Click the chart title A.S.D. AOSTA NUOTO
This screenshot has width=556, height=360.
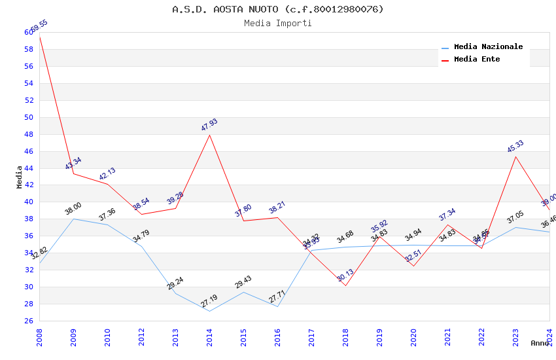point(277,9)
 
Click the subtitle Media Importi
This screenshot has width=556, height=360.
point(277,24)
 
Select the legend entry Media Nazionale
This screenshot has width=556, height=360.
point(488,47)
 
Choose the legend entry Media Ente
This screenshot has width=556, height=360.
point(477,60)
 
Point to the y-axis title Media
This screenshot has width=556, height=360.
point(20,177)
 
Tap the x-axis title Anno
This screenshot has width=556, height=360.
point(540,343)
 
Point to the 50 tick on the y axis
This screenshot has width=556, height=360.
point(29,118)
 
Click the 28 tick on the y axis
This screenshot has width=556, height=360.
point(29,304)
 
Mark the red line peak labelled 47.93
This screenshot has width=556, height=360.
point(209,134)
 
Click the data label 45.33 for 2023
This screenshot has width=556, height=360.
point(515,147)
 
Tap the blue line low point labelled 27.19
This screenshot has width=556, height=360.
point(209,311)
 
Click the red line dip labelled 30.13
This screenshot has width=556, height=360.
point(345,285)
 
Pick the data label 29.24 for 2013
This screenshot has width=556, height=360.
point(175,283)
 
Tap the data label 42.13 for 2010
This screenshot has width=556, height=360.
point(107,173)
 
